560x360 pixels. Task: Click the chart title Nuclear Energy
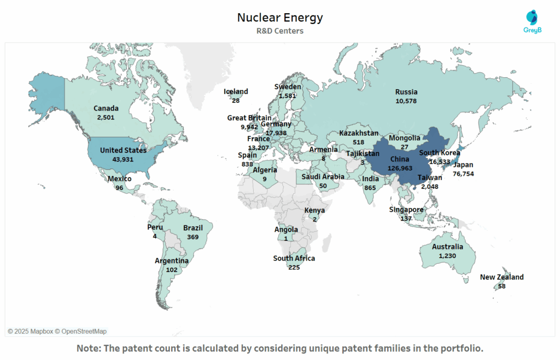tap(279, 18)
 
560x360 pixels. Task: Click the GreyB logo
tap(530, 22)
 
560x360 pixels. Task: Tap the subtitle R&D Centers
tap(279, 31)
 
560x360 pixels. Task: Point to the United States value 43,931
tap(123, 159)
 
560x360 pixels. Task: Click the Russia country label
tap(406, 92)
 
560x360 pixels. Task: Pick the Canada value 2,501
tap(106, 117)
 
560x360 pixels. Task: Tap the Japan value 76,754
tap(463, 173)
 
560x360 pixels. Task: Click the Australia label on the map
tap(447, 247)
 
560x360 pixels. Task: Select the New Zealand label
tap(501, 277)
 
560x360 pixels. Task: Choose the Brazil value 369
tap(192, 237)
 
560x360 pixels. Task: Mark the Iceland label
tap(236, 91)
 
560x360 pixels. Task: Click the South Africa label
tap(294, 258)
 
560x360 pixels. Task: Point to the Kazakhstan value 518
tap(358, 142)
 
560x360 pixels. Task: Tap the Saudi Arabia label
tap(323, 177)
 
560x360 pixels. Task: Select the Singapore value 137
tap(406, 218)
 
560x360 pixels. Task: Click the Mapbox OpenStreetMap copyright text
tap(57, 331)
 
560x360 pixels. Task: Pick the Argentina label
tap(171, 261)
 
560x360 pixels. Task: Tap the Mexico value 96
tap(119, 188)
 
